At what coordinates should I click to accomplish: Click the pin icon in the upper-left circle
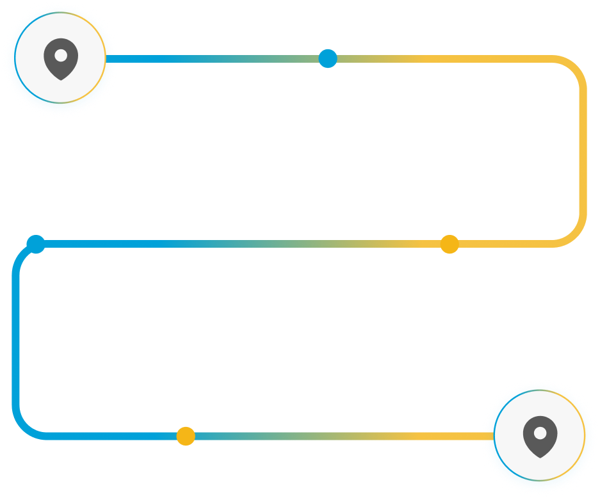coord(61,59)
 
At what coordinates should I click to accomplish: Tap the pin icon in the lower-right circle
coord(540,437)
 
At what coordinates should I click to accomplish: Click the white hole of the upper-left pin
coord(61,55)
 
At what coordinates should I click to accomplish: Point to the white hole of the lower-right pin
coord(540,433)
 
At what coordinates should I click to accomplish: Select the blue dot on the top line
coord(328,58)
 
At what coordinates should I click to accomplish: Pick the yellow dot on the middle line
coord(450,244)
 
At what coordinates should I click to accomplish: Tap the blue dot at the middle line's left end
coord(36,244)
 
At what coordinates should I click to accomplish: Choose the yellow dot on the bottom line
coord(186,436)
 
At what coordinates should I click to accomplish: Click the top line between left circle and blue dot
coord(218,59)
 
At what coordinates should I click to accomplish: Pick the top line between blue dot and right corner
coord(448,59)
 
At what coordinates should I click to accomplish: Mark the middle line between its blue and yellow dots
coord(243,244)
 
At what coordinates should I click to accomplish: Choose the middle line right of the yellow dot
coord(506,244)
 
